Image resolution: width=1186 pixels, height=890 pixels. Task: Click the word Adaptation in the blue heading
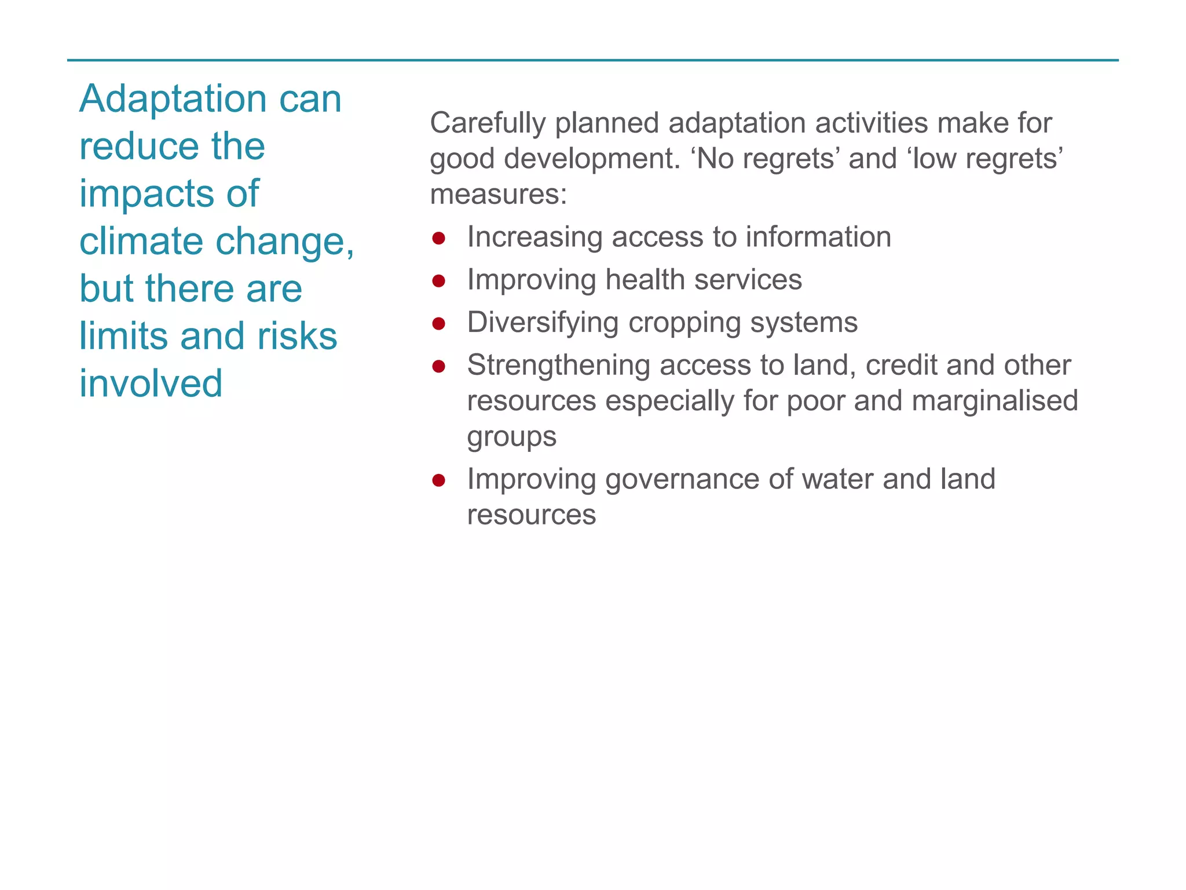(173, 99)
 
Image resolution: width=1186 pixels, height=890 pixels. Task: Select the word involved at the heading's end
(151, 384)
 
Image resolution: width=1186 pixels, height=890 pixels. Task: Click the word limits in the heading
(125, 336)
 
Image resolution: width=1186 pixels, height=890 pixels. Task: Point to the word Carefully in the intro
(488, 123)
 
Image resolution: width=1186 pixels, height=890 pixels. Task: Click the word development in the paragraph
(592, 159)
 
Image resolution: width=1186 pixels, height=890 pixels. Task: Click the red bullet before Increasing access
(438, 238)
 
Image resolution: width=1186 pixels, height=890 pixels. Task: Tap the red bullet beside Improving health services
(438, 281)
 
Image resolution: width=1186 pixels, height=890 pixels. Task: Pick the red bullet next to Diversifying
(438, 323)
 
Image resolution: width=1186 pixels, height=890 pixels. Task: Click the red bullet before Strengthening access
(438, 366)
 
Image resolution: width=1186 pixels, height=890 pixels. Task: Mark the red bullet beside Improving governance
(438, 480)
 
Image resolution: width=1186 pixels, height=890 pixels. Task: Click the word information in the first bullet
(818, 237)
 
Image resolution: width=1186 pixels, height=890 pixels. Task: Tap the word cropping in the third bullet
(684, 323)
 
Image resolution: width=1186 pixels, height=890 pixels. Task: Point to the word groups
(511, 437)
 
